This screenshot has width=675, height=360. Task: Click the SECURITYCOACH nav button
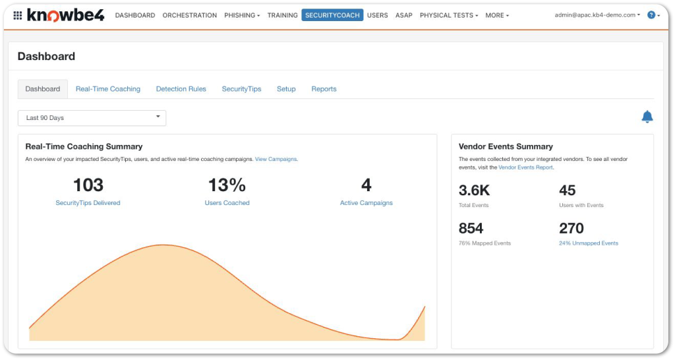point(332,15)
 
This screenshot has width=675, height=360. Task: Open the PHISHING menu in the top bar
point(242,15)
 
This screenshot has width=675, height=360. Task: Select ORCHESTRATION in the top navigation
point(189,15)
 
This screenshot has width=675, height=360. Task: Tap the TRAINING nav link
point(282,15)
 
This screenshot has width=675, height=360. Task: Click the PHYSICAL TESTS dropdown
point(449,15)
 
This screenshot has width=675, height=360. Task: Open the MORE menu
point(497,15)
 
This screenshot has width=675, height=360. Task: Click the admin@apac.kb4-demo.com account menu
point(597,15)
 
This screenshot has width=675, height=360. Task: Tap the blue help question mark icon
point(651,15)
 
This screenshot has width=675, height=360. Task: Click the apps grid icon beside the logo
point(18,16)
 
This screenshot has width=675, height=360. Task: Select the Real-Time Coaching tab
point(108,89)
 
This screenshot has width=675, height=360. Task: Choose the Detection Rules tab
point(181,89)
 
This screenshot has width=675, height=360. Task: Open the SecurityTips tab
point(241,89)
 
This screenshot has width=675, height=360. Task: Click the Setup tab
point(286,89)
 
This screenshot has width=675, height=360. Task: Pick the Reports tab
point(324,89)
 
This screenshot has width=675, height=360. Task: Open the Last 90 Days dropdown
point(92,118)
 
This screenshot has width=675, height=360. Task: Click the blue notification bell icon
point(647,117)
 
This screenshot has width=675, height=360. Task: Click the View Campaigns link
point(276,159)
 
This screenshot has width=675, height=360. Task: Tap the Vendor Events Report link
point(525,167)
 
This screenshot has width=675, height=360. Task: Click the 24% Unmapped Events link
point(589,243)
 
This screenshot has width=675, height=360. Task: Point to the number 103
point(88,185)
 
